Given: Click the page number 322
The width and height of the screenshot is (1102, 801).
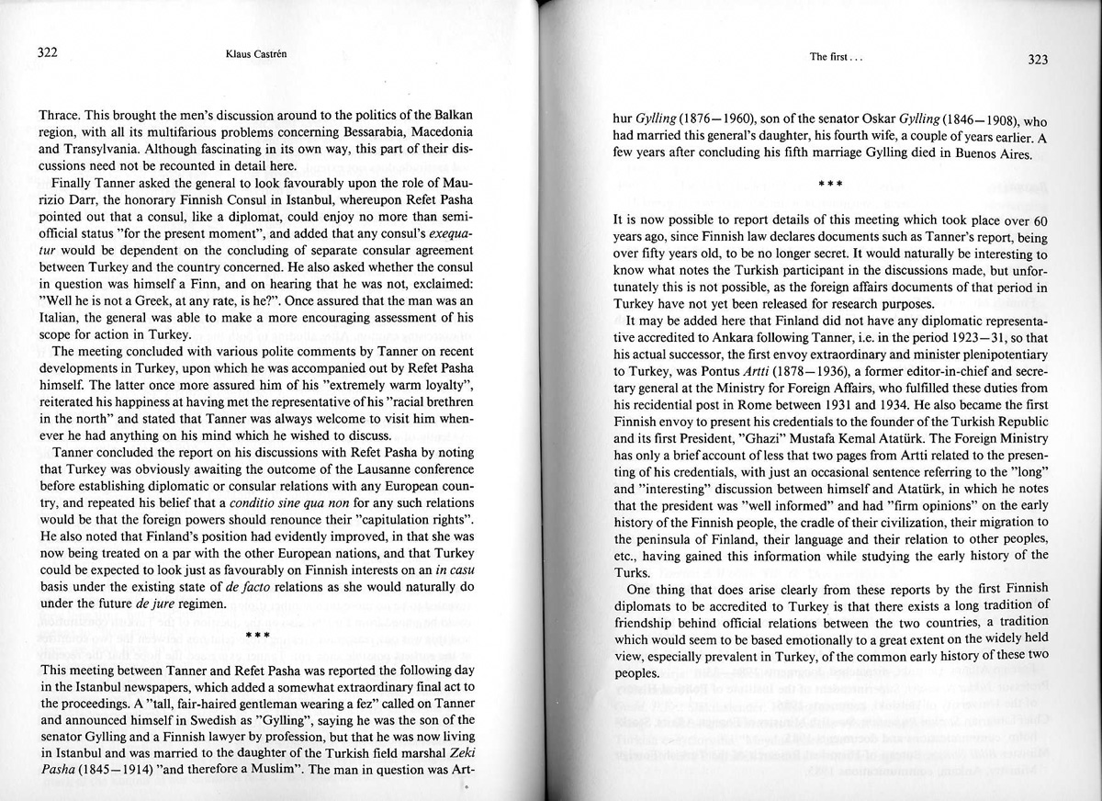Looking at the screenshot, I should (49, 52).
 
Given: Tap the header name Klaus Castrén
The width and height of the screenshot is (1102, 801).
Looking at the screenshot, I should (254, 54).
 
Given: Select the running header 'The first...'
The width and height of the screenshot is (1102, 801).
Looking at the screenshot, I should (835, 57).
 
